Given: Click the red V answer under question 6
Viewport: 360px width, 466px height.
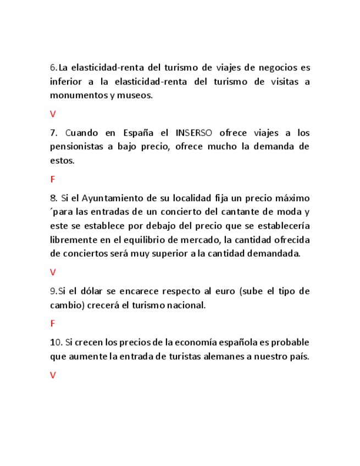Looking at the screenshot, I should (53, 114).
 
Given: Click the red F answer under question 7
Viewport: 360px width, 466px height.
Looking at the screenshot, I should (53, 179).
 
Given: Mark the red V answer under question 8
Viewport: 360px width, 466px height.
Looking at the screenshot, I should (53, 272).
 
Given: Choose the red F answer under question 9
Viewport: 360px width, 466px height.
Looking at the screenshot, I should (53, 324).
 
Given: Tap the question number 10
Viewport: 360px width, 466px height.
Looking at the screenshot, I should (56, 342).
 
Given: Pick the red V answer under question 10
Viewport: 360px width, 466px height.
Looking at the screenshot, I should (53, 375).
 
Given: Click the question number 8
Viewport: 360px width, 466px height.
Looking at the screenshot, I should (53, 198).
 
